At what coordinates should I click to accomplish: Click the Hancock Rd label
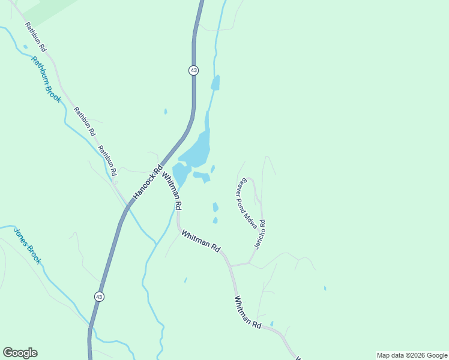[148, 182]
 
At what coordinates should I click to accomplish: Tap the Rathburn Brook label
[46, 79]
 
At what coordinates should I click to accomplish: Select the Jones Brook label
[27, 245]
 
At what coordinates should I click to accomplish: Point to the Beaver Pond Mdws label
[247, 202]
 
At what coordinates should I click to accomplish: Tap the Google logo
[20, 353]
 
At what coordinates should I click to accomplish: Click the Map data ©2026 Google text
[412, 355]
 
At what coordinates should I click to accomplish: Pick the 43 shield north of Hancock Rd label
[193, 70]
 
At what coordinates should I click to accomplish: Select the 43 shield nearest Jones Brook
[99, 296]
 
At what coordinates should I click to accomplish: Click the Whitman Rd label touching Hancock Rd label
[172, 188]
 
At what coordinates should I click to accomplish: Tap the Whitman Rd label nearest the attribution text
[247, 312]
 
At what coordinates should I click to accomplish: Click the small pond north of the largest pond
[215, 83]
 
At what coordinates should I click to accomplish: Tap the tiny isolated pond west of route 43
[166, 111]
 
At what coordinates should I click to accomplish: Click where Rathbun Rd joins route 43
[127, 206]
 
